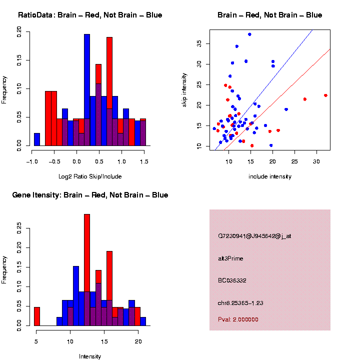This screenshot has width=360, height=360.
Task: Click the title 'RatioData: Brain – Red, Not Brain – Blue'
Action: pyautogui.click(x=90, y=15)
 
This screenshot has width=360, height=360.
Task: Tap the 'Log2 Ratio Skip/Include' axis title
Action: pyautogui.click(x=90, y=176)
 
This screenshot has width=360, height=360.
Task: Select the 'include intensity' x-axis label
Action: pyautogui.click(x=270, y=176)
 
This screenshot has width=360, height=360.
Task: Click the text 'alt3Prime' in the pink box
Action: pyautogui.click(x=230, y=258)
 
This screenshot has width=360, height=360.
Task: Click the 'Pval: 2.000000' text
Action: pyautogui.click(x=238, y=319)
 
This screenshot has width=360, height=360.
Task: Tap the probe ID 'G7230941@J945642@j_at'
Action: pyautogui.click(x=254, y=235)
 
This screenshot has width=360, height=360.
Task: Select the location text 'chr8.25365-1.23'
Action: pyautogui.click(x=240, y=303)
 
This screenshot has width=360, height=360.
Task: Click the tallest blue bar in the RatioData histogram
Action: pyautogui.click(x=87, y=90)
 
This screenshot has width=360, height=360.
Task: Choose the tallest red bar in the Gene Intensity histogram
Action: pyautogui.click(x=87, y=270)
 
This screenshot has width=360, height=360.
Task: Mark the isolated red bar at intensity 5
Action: pyautogui.click(x=37, y=316)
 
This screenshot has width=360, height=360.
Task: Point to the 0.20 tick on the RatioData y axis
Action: pyautogui.click(x=19, y=32)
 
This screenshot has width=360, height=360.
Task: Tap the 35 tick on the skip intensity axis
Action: pyautogui.click(x=199, y=44)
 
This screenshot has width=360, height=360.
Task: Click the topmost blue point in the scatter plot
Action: pyautogui.click(x=249, y=34)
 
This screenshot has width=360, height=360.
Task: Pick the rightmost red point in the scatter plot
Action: pyautogui.click(x=325, y=95)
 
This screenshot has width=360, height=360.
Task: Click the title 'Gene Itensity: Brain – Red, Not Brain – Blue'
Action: pyautogui.click(x=90, y=195)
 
